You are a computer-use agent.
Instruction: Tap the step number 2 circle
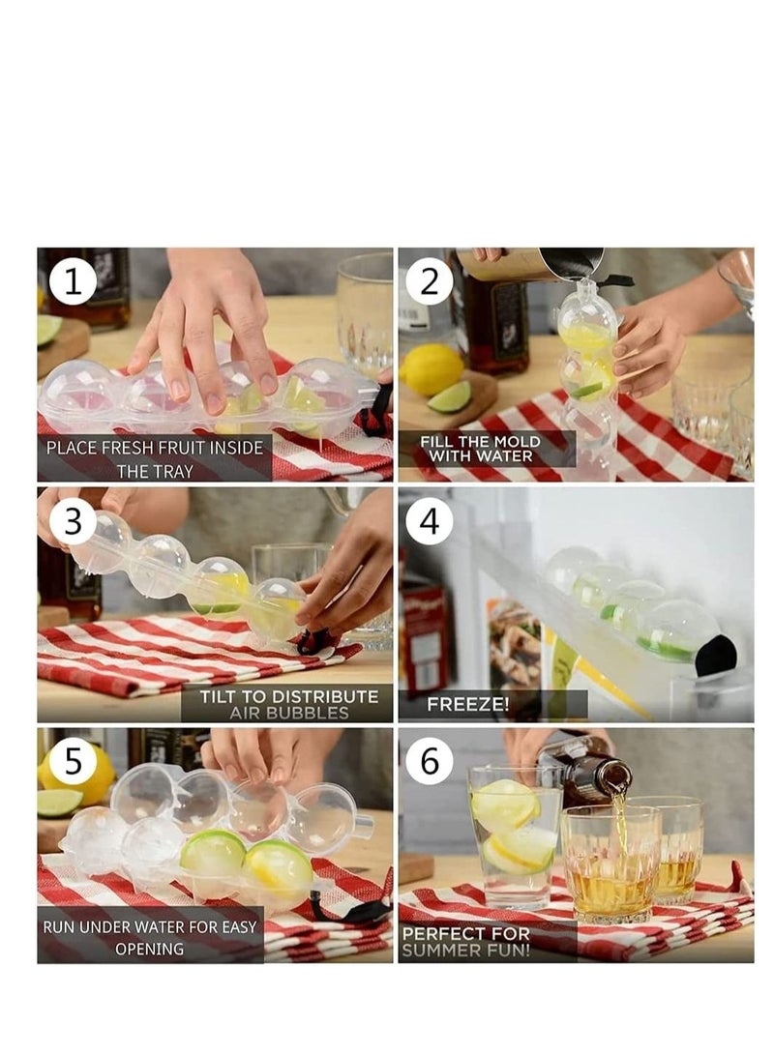tap(429, 281)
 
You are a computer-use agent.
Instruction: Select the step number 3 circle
tap(73, 521)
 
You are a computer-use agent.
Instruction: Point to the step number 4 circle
tap(429, 521)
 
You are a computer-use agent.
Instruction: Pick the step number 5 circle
tap(73, 762)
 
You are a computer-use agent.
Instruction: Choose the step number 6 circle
tap(429, 762)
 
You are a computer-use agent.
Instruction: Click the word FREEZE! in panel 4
tap(468, 705)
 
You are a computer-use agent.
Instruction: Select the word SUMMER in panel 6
tap(440, 951)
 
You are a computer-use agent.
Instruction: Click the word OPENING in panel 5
tap(149, 949)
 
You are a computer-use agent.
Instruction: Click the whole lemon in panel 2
tap(432, 369)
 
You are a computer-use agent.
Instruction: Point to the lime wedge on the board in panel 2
tap(449, 395)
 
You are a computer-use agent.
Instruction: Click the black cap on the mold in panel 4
tap(716, 654)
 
